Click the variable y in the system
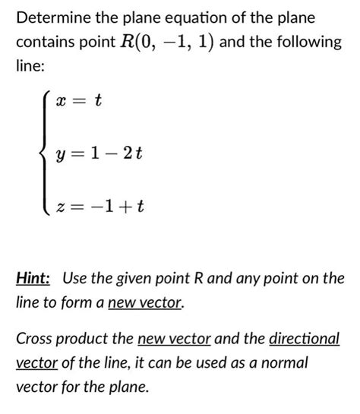click(x=60, y=156)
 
